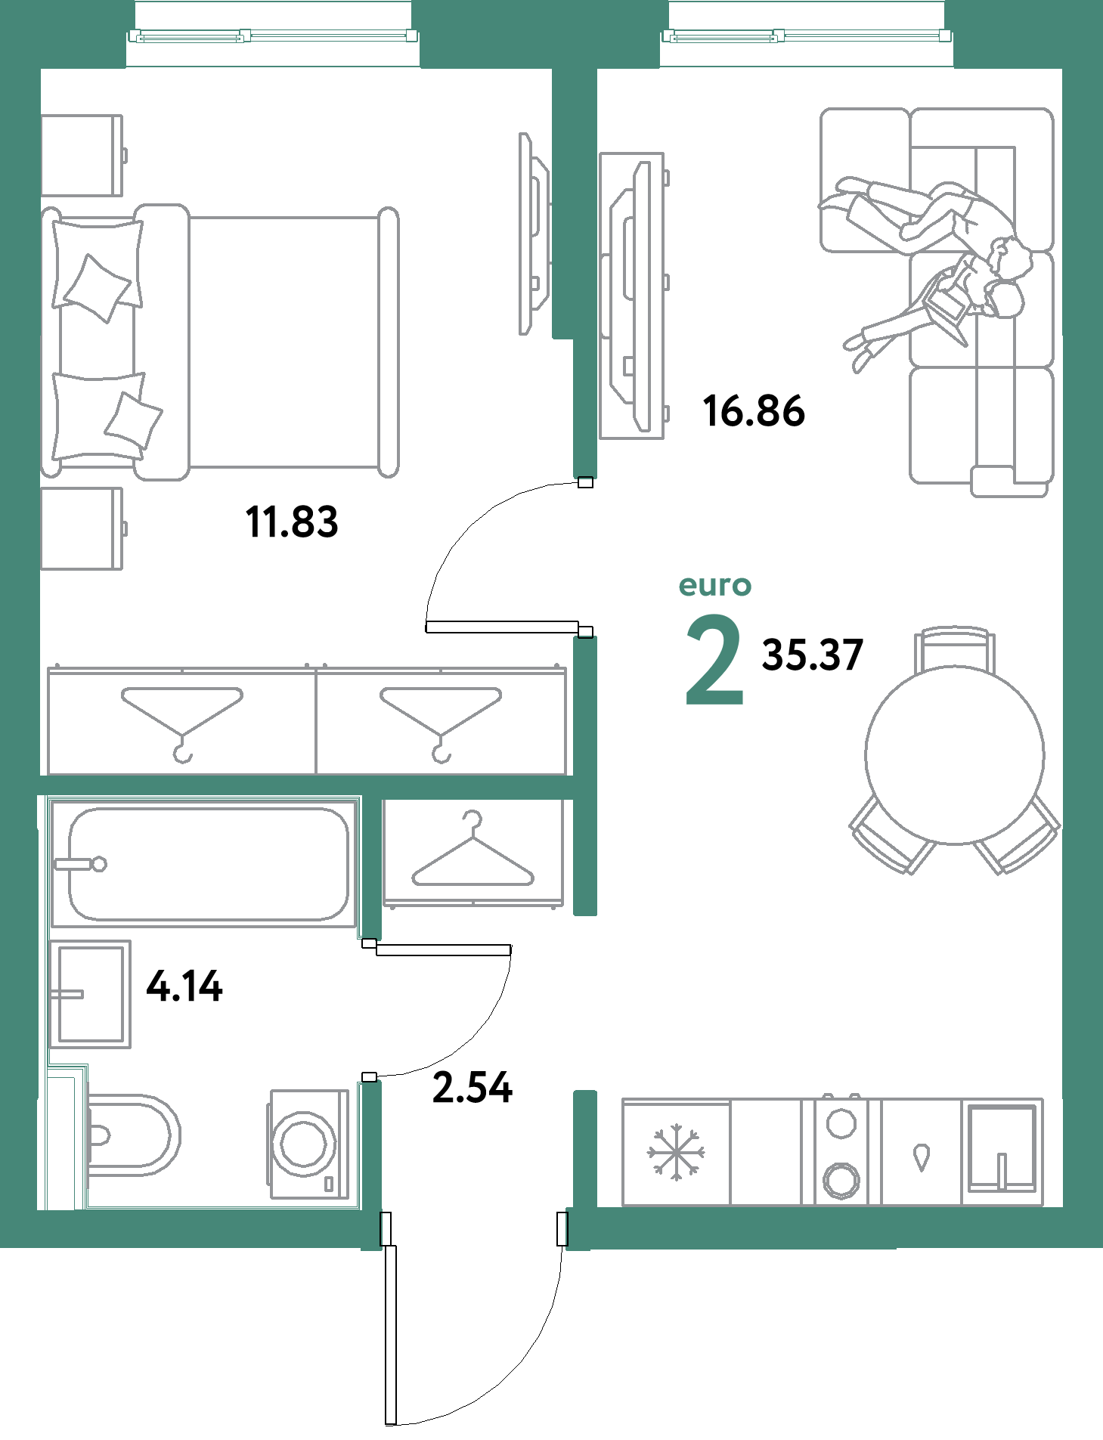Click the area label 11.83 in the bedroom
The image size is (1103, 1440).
[292, 522]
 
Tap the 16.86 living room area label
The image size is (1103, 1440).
[754, 411]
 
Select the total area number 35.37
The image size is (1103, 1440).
[812, 655]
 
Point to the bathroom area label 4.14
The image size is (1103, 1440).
[184, 986]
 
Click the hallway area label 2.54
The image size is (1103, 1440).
[472, 1088]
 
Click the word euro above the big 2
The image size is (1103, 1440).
[714, 586]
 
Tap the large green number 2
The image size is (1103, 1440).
[714, 660]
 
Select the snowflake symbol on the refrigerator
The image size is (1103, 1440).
[676, 1152]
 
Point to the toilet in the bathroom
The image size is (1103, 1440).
[132, 1135]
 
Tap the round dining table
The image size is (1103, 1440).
[955, 754]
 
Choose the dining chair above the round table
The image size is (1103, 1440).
[955, 647]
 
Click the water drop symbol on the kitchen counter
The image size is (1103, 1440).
[921, 1157]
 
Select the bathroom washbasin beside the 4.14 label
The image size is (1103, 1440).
[90, 994]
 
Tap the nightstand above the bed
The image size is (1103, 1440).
[82, 156]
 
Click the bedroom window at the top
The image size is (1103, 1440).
[273, 35]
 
